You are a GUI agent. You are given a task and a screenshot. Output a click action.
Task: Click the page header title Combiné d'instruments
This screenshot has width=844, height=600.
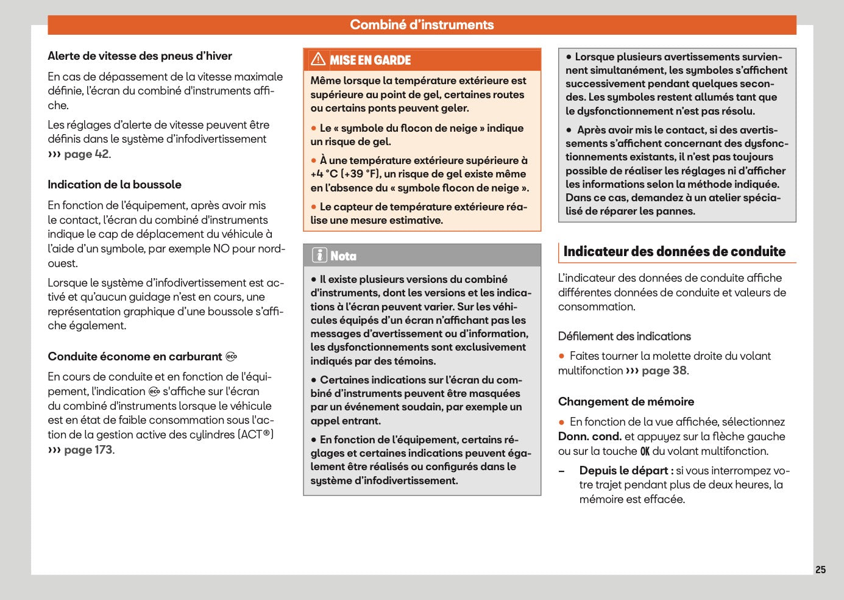pos(422,25)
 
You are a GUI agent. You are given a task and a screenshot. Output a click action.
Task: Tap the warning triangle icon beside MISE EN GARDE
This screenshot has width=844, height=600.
pos(318,59)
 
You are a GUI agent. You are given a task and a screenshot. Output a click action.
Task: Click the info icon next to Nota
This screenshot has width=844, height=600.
pos(319,255)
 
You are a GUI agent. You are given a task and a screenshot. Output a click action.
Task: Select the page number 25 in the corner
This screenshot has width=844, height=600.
pos(820,570)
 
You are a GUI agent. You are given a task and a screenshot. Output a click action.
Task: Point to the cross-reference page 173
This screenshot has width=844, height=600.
pos(88,450)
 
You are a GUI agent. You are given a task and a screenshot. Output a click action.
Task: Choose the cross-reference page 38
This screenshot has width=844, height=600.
pos(664,371)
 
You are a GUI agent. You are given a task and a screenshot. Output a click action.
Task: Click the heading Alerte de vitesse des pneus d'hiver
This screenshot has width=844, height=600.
pos(140,56)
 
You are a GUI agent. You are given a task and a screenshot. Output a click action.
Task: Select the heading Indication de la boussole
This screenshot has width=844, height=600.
pos(115,185)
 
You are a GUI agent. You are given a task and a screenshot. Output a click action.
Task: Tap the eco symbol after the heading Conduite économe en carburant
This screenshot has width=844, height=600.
pos(231,357)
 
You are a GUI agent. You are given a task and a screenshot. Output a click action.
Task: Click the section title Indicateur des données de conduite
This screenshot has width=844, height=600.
pos(674,252)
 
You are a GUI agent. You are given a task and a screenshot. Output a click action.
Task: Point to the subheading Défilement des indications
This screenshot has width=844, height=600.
pos(624,337)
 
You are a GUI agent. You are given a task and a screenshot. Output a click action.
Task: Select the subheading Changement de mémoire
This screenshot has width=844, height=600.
pos(626,402)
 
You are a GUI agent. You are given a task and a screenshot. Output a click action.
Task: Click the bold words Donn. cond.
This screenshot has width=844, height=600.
pos(589,437)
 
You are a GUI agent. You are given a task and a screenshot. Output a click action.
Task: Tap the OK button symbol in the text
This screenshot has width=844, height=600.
pos(645,451)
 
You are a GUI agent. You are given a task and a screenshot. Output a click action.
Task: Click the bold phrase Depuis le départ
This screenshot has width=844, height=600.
pos(626,471)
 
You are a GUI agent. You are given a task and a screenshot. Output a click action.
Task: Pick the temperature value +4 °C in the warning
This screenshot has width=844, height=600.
pos(324,174)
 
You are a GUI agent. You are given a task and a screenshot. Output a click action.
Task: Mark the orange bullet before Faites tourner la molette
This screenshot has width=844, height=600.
pos(562,356)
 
